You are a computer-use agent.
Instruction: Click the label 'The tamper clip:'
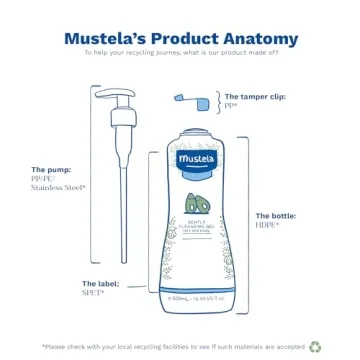tap(254, 96)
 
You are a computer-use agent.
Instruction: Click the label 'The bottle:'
tap(274, 215)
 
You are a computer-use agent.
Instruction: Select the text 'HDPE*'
tap(266, 223)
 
